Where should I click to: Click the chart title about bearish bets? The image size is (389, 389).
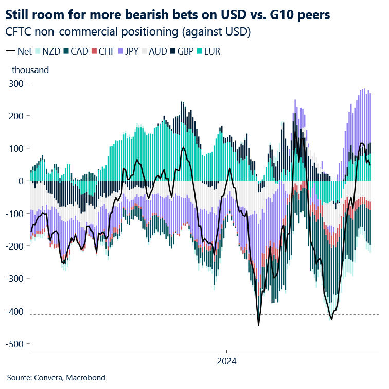[172, 14]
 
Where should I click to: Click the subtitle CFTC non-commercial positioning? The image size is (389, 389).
[128, 32]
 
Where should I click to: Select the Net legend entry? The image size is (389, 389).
[19, 51]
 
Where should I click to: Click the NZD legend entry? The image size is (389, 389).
[47, 51]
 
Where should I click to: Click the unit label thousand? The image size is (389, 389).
[30, 69]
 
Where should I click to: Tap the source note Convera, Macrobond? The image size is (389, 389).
[56, 378]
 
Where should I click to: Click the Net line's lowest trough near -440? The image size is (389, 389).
[258, 325]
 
